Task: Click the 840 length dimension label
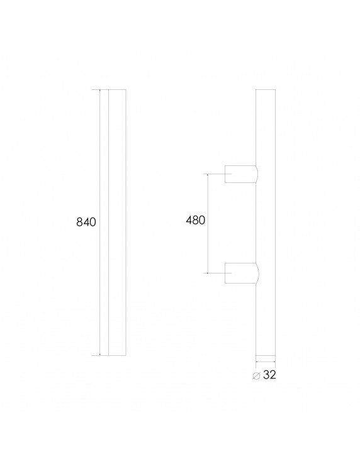85,223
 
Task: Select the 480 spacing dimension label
195,220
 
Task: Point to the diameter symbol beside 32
256,375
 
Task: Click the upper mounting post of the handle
240,174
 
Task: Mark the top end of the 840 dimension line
100,90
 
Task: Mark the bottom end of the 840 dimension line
100,355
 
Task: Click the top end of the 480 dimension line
208,173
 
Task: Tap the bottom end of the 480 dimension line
208,273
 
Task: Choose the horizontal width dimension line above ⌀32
265,362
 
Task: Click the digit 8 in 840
79,223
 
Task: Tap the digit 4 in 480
189,220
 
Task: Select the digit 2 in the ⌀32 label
274,375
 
